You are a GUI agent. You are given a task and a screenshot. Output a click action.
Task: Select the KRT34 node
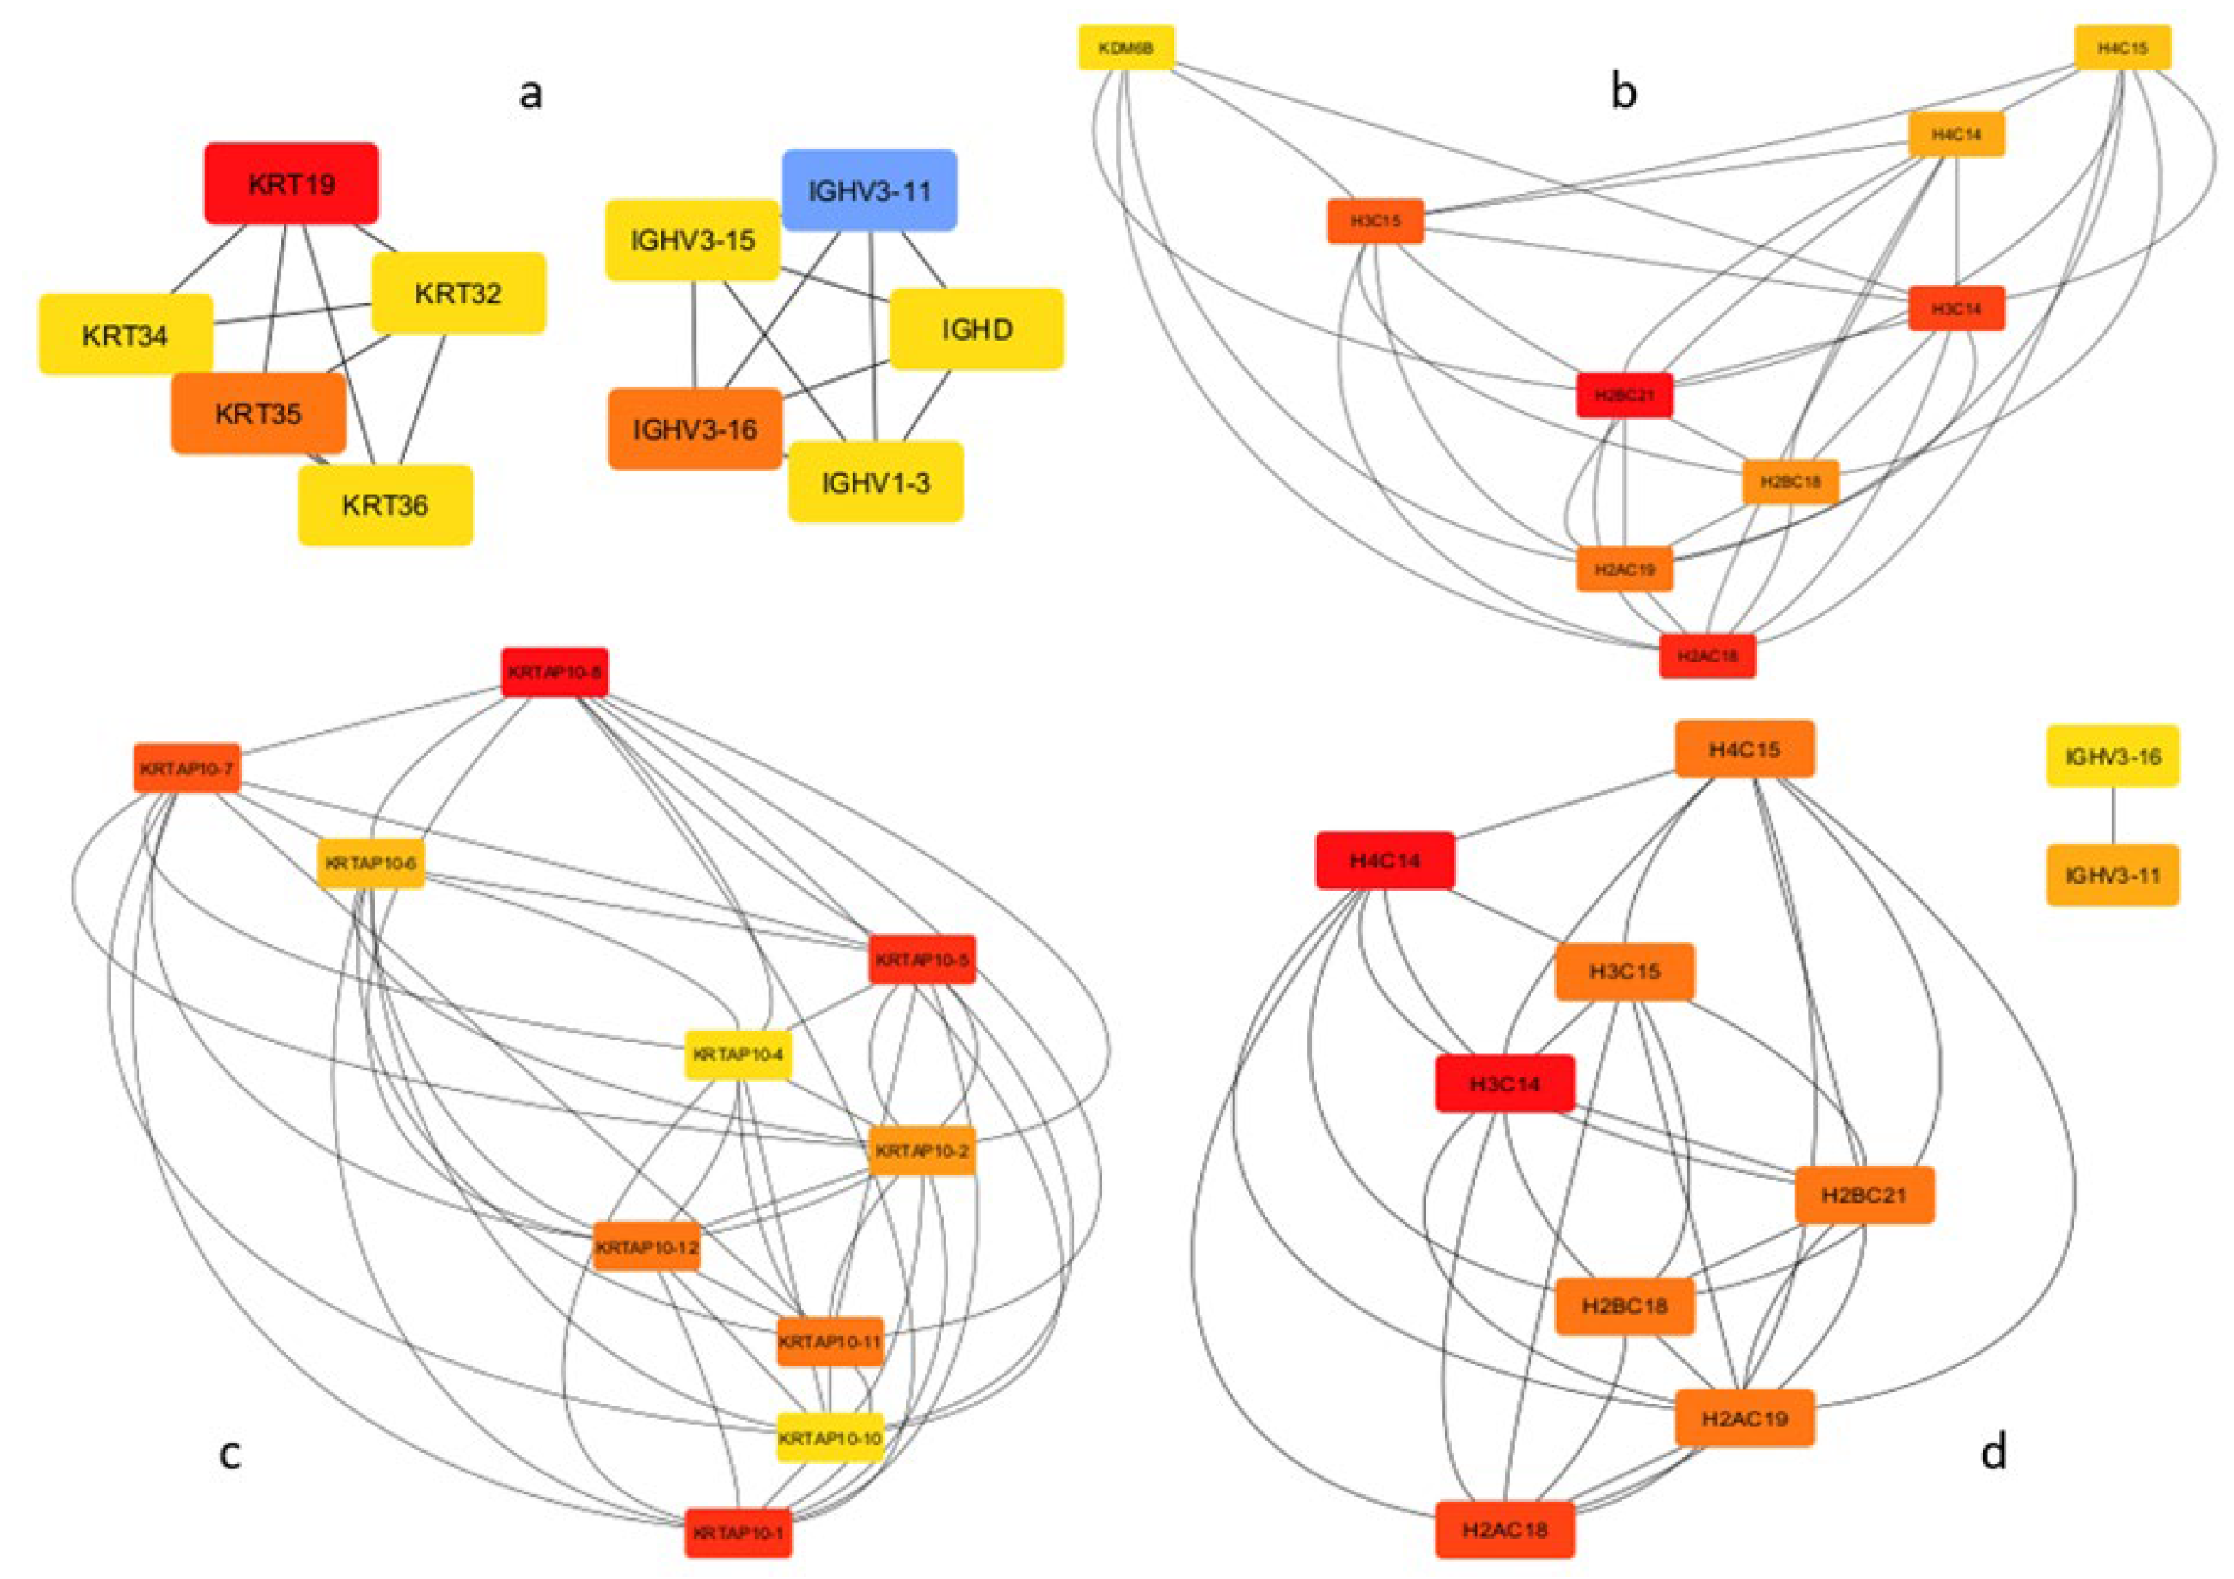point(125,334)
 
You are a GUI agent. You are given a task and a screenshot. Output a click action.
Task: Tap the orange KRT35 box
point(258,413)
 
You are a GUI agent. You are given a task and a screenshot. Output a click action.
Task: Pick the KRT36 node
point(386,505)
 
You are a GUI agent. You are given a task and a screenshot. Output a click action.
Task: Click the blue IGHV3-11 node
point(869,190)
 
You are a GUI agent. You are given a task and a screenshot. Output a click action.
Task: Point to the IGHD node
point(976,329)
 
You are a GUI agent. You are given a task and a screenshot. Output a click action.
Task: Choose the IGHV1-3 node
point(876,483)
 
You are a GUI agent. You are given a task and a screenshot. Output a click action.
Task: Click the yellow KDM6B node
point(1126,47)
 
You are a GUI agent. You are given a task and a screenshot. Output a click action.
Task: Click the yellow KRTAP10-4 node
point(737,1054)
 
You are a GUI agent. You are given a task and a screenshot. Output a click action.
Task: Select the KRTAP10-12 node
point(646,1247)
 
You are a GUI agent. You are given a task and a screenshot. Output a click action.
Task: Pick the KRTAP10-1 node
point(737,1533)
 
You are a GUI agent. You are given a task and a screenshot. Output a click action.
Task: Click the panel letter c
point(230,1453)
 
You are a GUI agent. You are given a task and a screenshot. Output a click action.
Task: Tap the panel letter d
point(1993,1452)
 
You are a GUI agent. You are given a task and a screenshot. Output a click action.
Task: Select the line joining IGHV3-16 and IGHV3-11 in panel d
point(2112,816)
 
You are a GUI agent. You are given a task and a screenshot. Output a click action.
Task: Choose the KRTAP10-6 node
point(371,864)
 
